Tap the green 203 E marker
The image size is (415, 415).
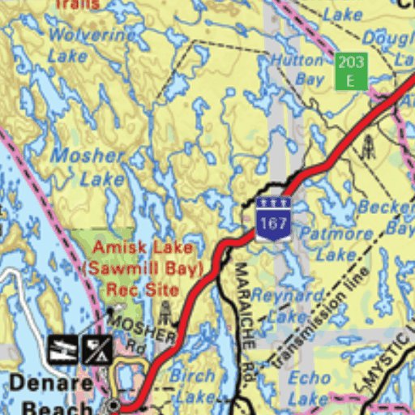[351, 71]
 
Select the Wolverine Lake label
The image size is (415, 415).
[91, 45]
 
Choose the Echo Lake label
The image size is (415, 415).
[309, 388]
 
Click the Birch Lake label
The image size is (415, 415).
[192, 386]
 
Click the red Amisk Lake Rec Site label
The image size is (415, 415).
[142, 267]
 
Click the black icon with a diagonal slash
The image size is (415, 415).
[96, 349]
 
